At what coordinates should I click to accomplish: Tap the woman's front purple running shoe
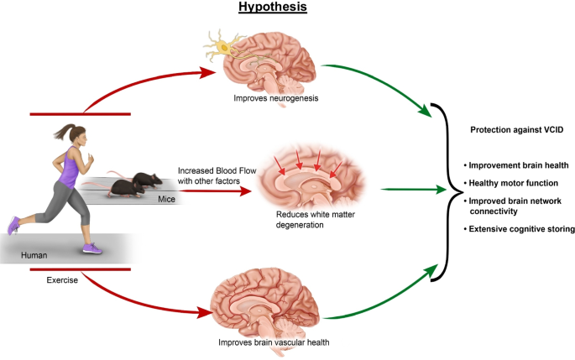(x=93, y=248)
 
